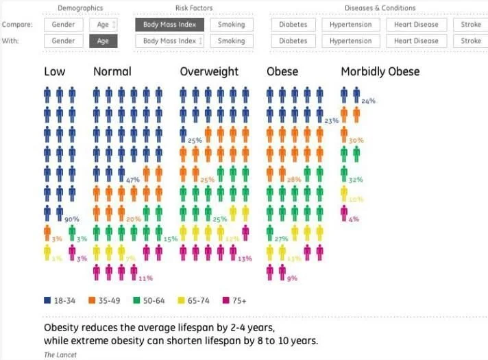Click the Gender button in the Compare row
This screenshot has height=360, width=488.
[64, 25]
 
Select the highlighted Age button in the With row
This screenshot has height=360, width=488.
[103, 41]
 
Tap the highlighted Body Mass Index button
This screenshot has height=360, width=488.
[169, 25]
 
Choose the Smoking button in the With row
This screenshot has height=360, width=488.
[231, 41]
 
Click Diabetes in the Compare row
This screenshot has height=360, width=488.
[293, 25]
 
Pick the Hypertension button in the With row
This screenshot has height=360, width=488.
[350, 41]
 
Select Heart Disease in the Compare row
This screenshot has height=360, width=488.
[416, 25]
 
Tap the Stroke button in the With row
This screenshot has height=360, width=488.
[471, 41]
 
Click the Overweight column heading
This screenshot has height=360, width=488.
[209, 71]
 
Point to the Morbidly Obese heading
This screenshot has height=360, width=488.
[380, 71]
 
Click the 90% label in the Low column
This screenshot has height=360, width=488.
[72, 219]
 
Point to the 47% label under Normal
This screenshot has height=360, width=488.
[132, 180]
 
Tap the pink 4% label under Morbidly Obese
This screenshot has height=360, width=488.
[354, 219]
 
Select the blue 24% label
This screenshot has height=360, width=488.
[368, 101]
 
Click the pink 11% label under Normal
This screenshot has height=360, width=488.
[145, 278]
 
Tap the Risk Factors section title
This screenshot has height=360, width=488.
[194, 8]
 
